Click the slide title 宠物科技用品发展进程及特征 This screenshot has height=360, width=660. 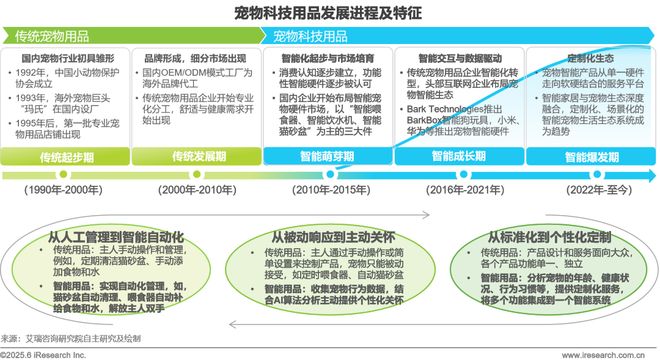(329, 12)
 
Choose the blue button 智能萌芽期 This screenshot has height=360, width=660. (326, 157)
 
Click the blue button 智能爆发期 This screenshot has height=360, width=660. (591, 157)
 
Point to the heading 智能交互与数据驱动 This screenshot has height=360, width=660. (461, 59)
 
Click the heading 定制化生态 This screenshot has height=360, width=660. (591, 59)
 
